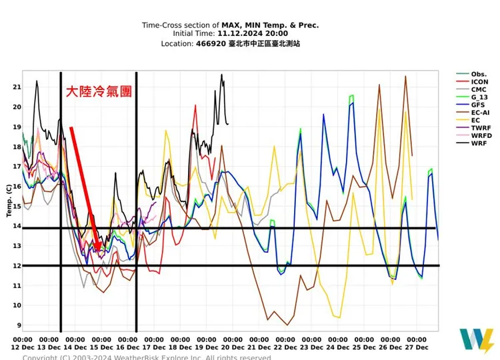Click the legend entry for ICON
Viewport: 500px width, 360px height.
pyautogui.click(x=479, y=82)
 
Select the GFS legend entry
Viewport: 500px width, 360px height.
pyautogui.click(x=477, y=105)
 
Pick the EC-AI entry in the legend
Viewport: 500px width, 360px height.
pyautogui.click(x=479, y=113)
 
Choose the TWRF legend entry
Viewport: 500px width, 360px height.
pyautogui.click(x=479, y=128)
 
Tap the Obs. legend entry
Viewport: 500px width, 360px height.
pyautogui.click(x=479, y=74)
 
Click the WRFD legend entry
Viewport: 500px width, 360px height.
pyautogui.click(x=480, y=135)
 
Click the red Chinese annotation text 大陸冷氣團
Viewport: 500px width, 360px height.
pyautogui.click(x=98, y=91)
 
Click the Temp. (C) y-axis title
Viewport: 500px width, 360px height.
pyautogui.click(x=9, y=201)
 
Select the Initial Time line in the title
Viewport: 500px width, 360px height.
pyautogui.click(x=230, y=33)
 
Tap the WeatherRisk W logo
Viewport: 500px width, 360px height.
pyautogui.click(x=477, y=341)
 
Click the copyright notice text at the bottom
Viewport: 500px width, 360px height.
pyautogui.click(x=147, y=357)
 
